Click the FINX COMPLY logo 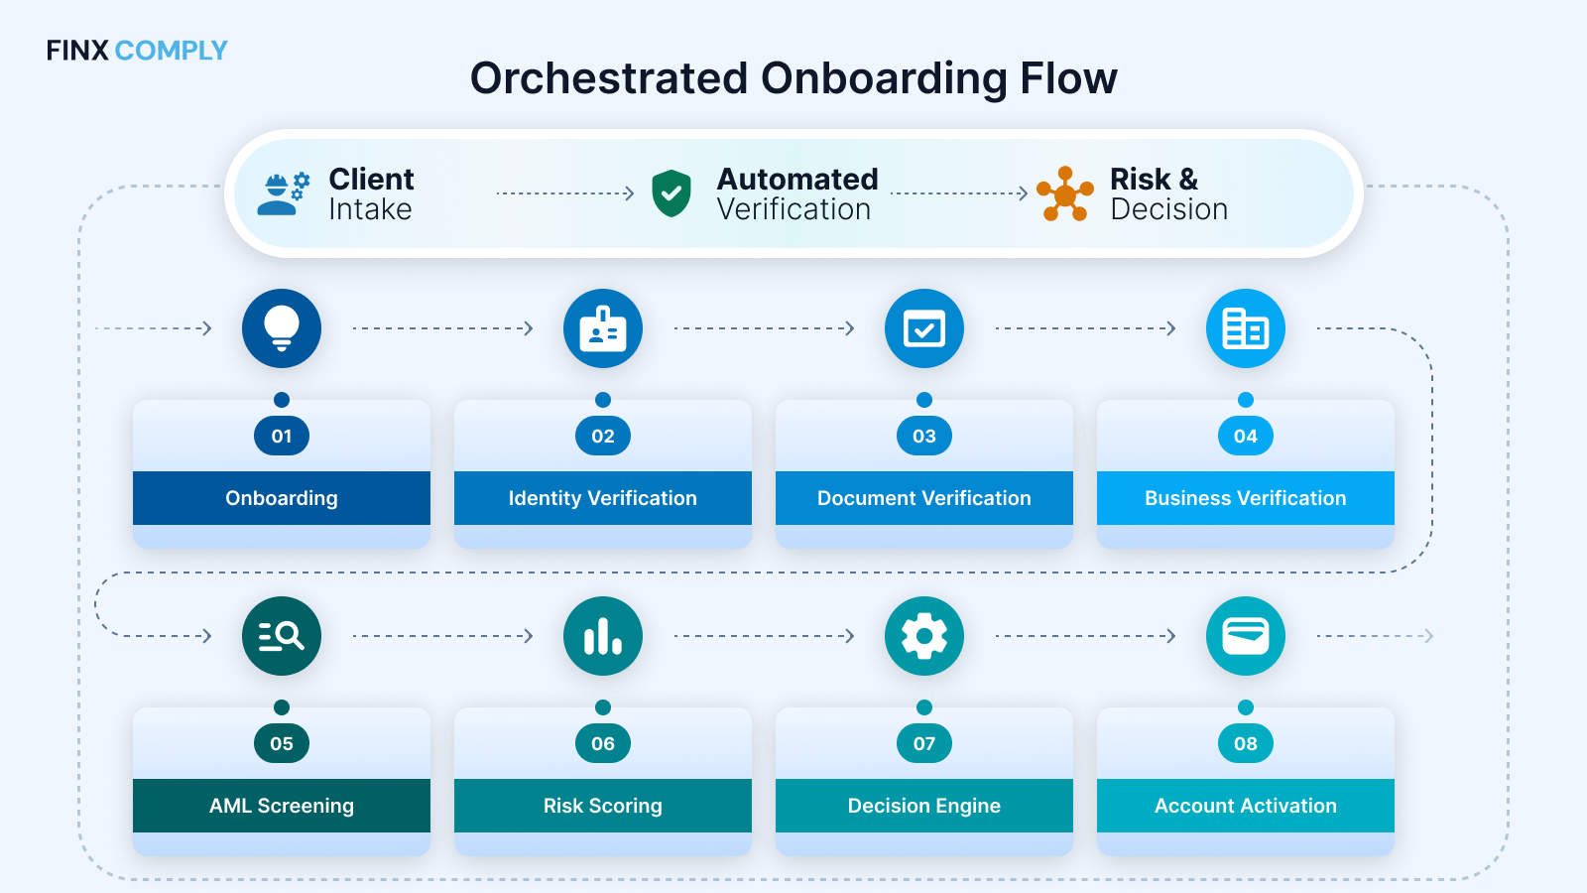coord(137,51)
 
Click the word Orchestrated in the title coord(608,78)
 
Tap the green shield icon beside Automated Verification coord(671,192)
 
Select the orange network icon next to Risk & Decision coord(1064,194)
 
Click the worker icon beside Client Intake coord(283,193)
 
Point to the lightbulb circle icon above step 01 coord(282,328)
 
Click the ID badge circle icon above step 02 coord(603,328)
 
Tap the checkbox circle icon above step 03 coord(924,328)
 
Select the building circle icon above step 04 coord(1246,328)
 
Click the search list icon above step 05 coord(282,636)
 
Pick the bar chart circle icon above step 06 coord(603,636)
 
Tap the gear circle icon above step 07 coord(924,636)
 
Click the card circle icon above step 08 coord(1246,636)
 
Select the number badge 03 coord(924,436)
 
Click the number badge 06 coord(603,743)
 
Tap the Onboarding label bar coord(282,498)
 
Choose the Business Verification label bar coord(1246,498)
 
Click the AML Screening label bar coord(282,806)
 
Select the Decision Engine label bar coord(924,806)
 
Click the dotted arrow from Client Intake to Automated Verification coord(564,193)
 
